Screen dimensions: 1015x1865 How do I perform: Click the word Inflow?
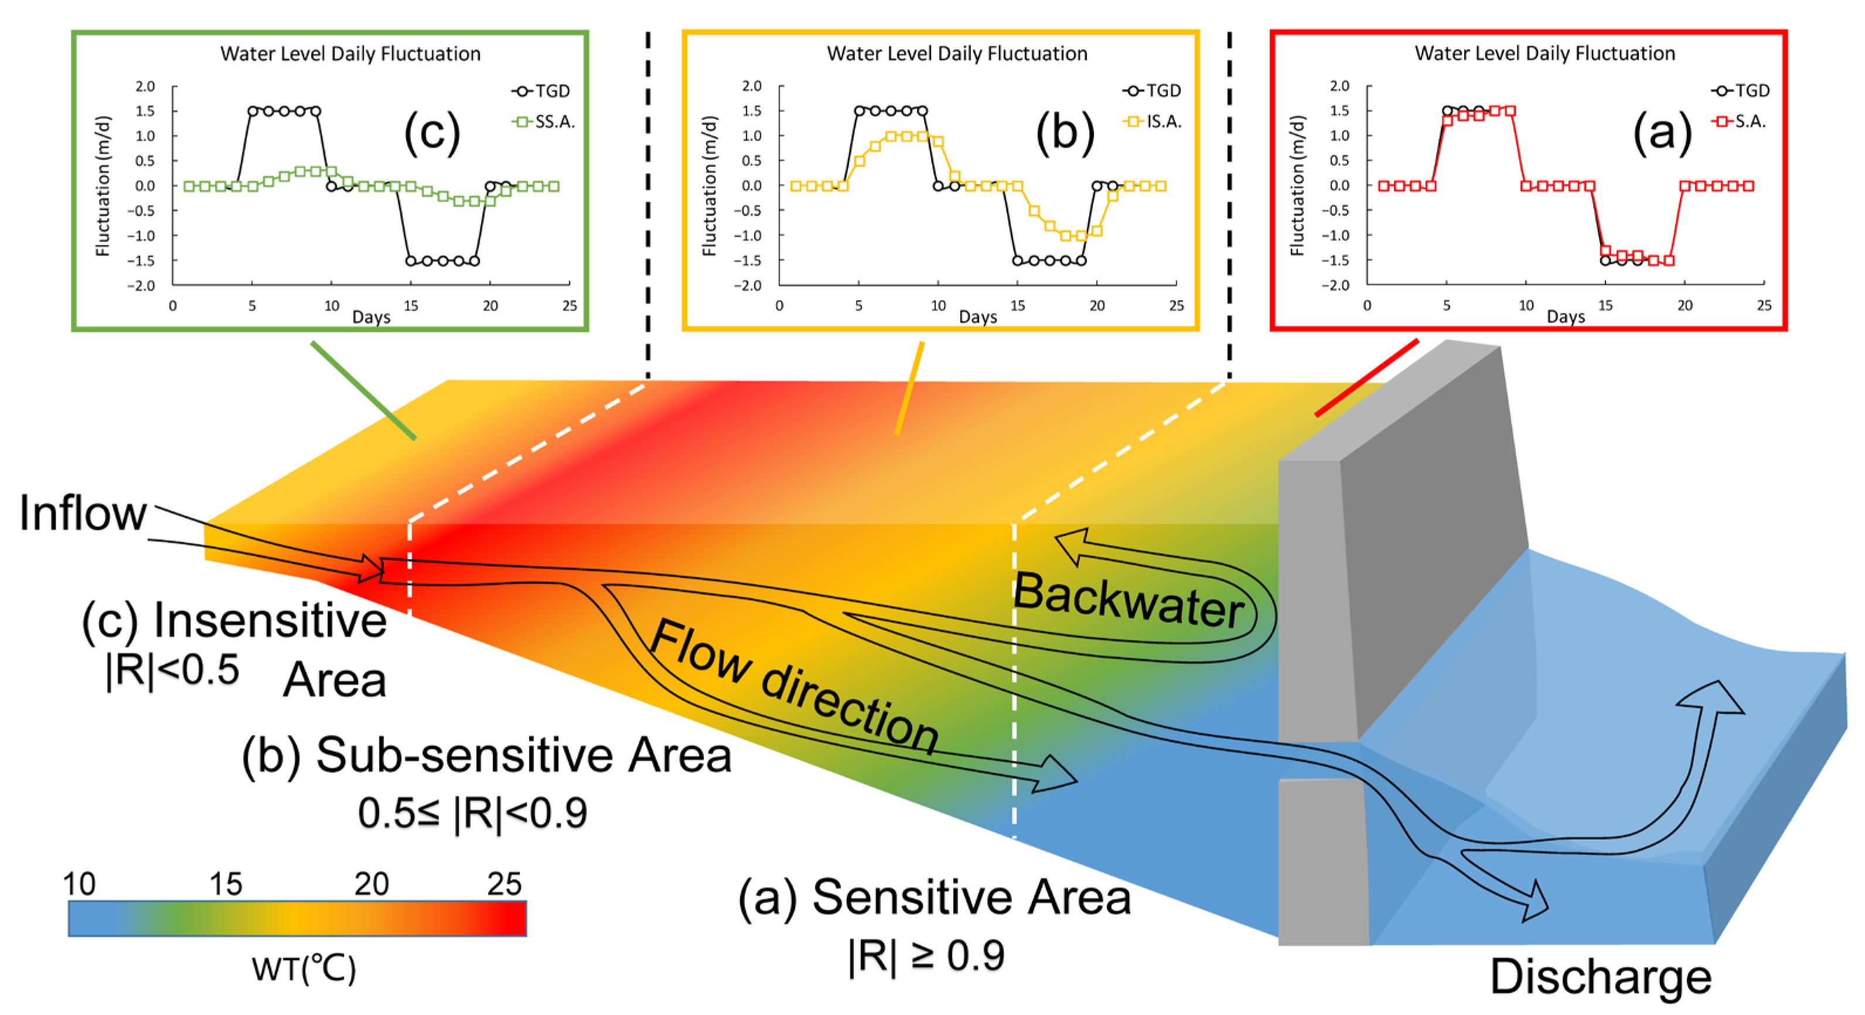point(83,513)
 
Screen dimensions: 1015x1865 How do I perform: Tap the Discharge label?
point(1600,977)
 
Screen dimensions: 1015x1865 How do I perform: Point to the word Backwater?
point(1128,600)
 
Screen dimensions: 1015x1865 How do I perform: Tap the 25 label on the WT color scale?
point(504,884)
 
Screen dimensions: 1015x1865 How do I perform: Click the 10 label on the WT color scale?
point(79,884)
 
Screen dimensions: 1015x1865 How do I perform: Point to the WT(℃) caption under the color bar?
point(304,969)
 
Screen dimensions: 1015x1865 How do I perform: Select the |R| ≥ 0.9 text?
point(926,956)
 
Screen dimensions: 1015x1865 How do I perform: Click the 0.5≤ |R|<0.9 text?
point(472,813)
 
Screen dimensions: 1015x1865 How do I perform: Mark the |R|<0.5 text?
point(172,670)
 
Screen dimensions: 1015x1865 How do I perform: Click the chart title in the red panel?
point(1544,53)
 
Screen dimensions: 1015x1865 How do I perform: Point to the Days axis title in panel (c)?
point(371,317)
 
